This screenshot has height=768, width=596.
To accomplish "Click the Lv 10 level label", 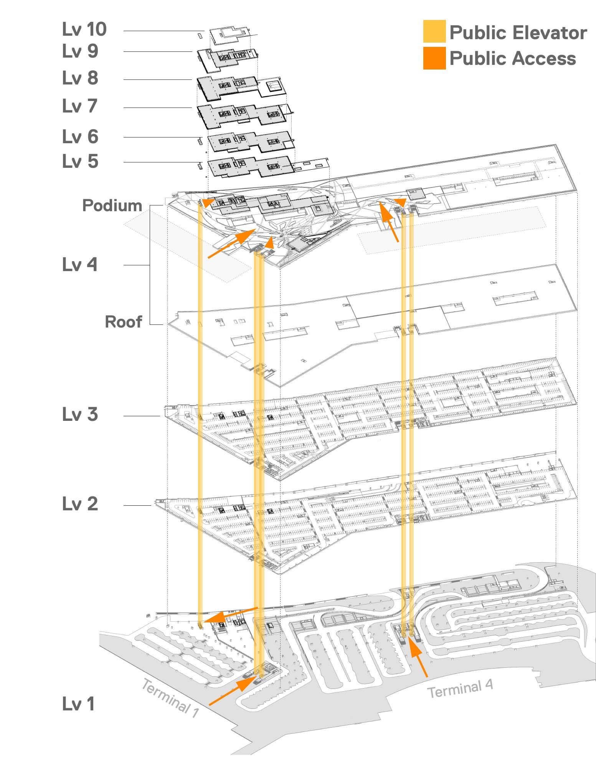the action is point(84,29).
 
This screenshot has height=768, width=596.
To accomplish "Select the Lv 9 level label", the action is point(80,51).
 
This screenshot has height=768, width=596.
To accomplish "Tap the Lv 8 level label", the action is point(80,78).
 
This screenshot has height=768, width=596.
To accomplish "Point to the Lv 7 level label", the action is point(80,106).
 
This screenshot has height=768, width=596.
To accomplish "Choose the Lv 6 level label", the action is point(80,137).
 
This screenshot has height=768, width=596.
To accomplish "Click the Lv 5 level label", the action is point(80,161).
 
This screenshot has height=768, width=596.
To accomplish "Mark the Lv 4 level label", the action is point(80,265).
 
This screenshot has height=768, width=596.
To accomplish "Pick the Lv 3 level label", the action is point(80,414).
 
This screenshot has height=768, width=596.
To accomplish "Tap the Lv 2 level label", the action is point(80,503).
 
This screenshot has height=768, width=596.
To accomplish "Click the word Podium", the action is point(112,205).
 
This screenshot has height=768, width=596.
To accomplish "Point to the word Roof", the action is point(124,322).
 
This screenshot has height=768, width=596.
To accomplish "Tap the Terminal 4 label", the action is point(460,689).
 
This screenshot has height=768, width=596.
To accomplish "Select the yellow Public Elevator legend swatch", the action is point(434,31).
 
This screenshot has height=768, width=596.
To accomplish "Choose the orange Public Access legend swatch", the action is point(434,58).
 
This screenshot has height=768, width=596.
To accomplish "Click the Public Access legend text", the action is point(513,58).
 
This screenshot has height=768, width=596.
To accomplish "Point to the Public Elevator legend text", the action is point(518,32).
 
